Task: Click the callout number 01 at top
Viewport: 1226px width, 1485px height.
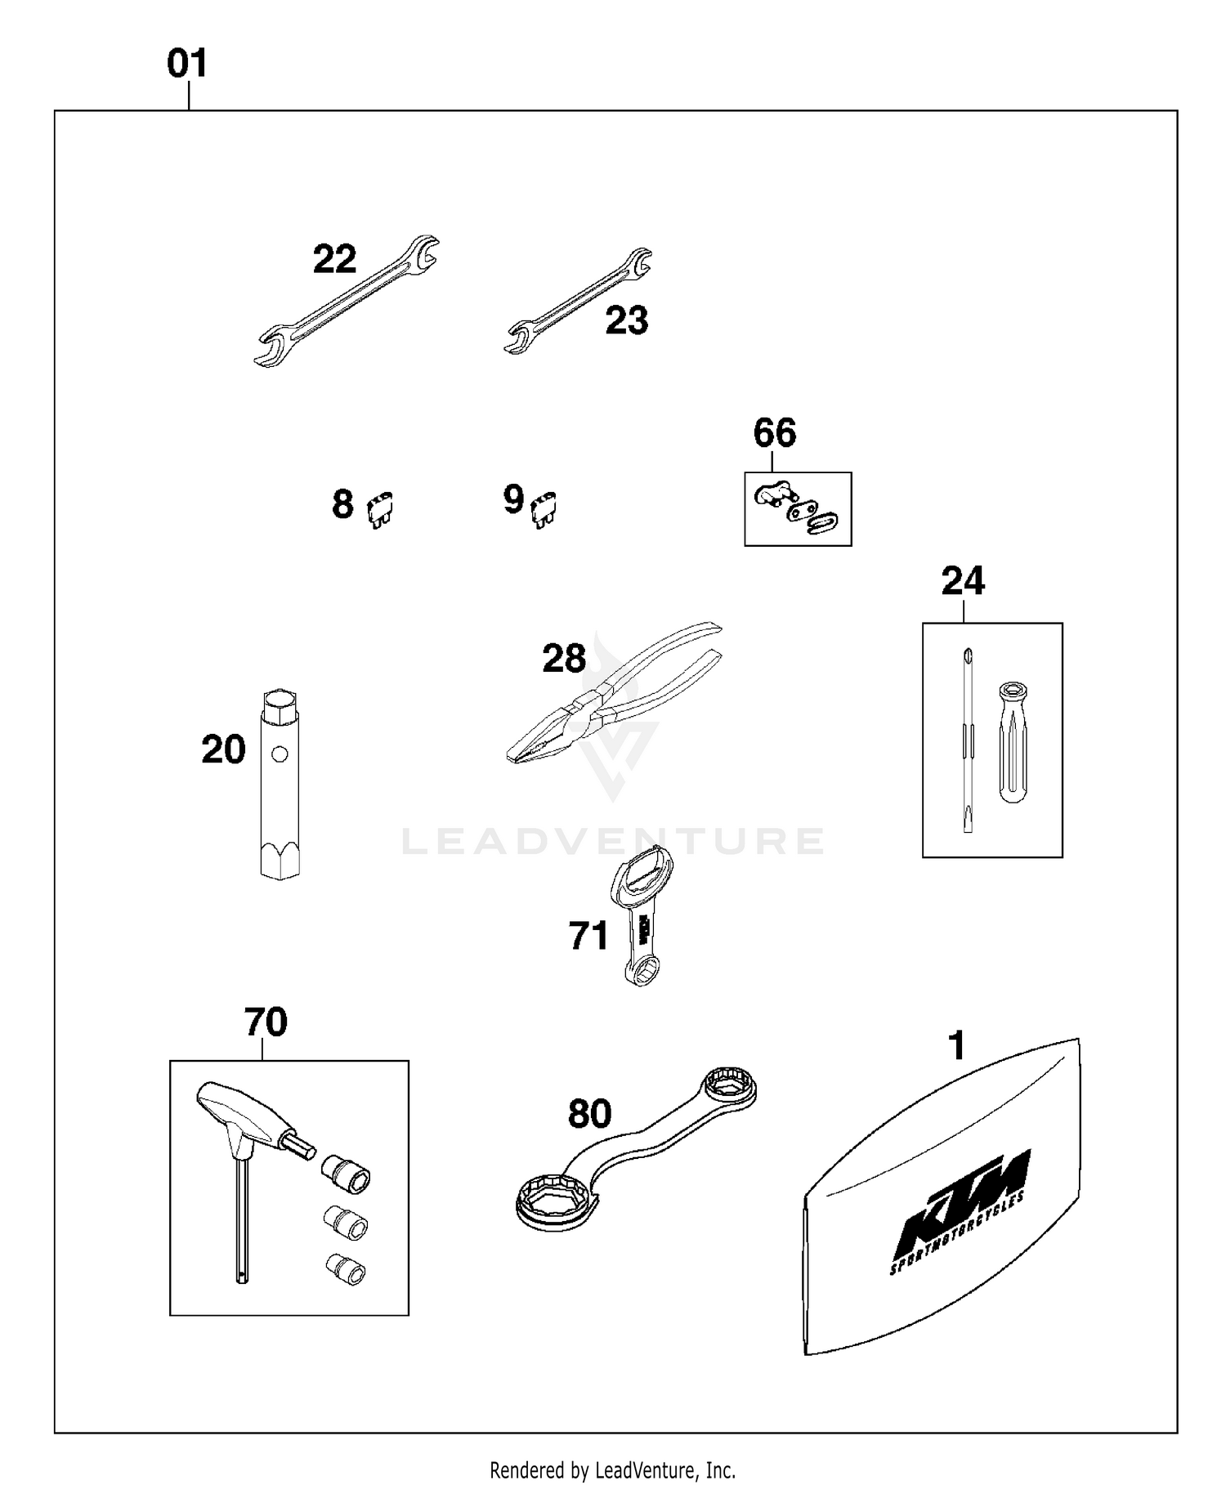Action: (x=187, y=64)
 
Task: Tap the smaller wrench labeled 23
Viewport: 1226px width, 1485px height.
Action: (x=577, y=302)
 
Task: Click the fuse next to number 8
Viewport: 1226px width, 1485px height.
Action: (x=380, y=509)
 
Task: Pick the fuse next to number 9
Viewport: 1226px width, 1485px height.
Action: (x=544, y=509)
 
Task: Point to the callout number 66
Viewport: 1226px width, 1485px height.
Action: (x=774, y=433)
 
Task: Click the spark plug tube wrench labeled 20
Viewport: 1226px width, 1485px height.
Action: (x=279, y=785)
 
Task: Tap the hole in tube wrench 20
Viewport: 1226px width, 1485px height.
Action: (x=280, y=754)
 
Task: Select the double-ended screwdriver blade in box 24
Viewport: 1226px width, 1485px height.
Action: (x=968, y=740)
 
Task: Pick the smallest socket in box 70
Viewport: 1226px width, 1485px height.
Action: (x=345, y=1268)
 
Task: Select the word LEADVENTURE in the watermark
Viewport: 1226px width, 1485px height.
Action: (x=613, y=841)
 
